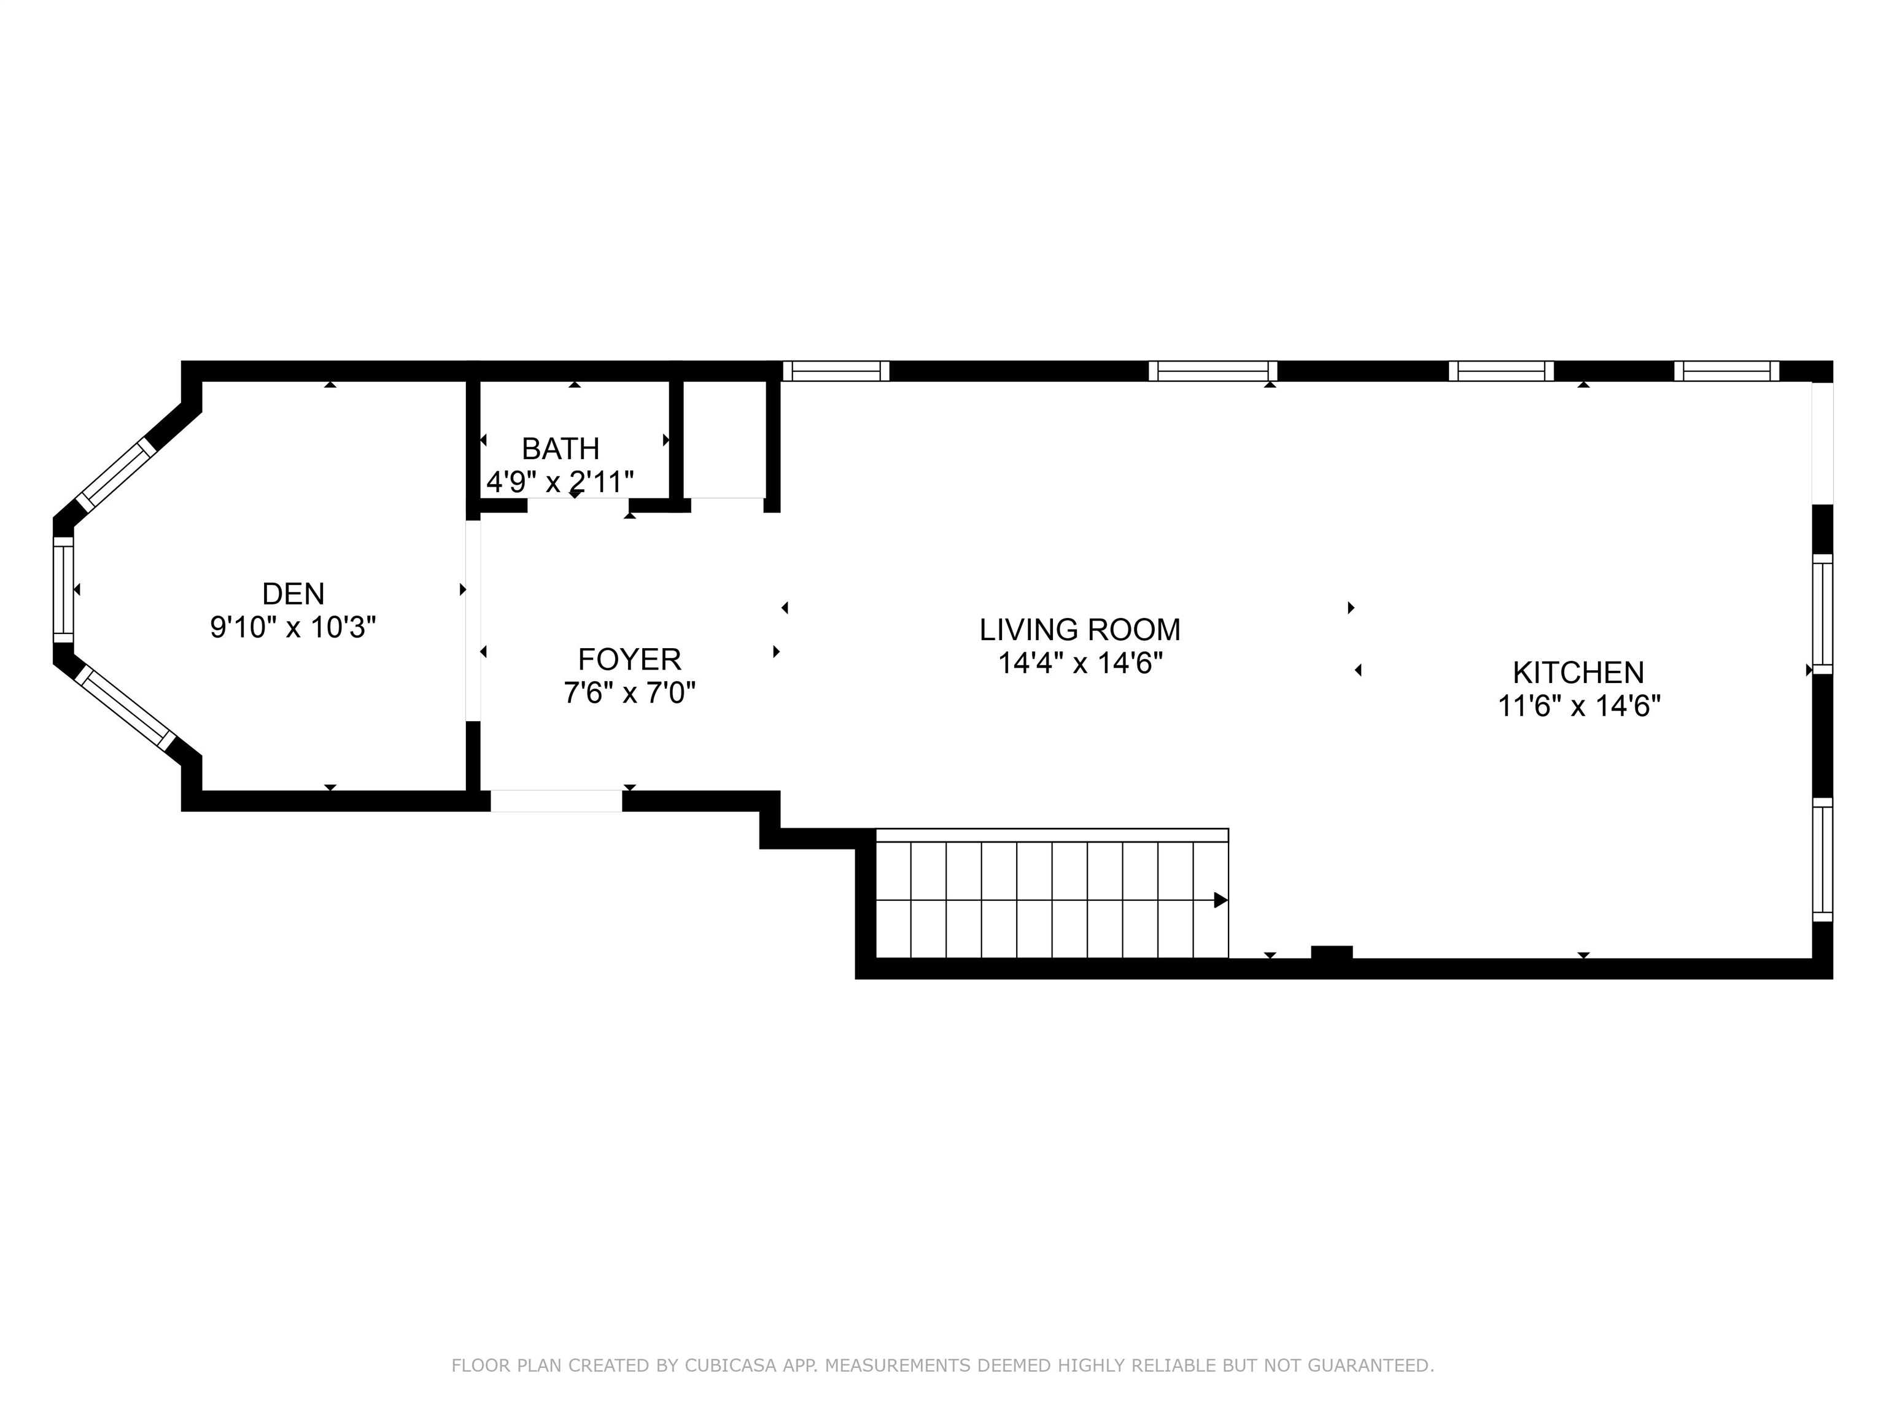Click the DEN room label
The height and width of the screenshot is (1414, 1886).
tap(293, 593)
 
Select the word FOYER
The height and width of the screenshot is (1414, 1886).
tap(629, 660)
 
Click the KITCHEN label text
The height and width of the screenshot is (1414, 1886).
tap(1578, 673)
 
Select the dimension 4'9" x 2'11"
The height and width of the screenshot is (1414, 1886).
tap(560, 482)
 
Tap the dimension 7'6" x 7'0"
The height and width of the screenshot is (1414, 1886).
tap(629, 693)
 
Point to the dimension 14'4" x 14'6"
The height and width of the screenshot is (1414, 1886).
tap(1081, 663)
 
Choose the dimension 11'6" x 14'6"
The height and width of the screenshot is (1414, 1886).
tap(1579, 706)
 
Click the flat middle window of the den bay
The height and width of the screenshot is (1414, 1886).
tap(64, 589)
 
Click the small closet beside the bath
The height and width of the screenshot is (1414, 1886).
tap(726, 440)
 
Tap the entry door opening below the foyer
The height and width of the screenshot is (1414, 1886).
tap(556, 801)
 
